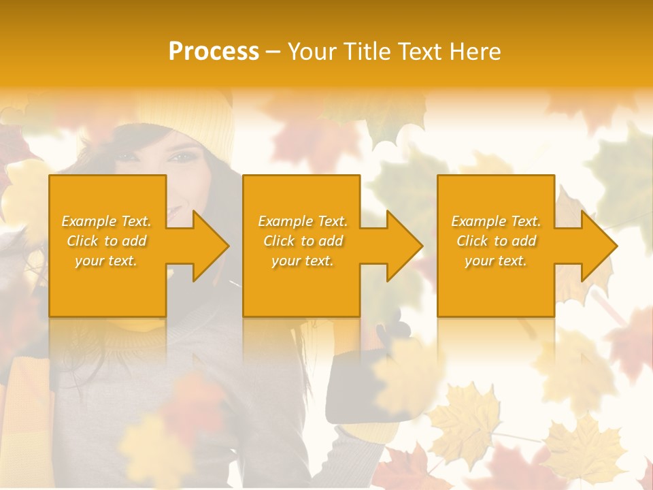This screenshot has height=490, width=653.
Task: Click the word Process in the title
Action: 214,52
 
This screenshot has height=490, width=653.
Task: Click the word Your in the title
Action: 310,52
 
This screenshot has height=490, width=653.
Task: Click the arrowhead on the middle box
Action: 403,246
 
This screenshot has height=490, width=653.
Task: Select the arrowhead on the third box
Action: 598,246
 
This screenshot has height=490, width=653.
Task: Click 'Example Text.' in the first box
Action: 106,221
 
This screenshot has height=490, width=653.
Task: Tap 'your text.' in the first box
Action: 106,261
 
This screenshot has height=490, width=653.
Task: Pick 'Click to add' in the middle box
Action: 303,241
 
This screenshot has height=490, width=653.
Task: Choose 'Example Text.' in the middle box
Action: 303,221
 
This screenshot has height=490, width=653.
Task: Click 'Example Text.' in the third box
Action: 496,221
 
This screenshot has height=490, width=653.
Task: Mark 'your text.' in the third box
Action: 496,261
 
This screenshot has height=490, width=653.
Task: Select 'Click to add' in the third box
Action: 496,241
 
